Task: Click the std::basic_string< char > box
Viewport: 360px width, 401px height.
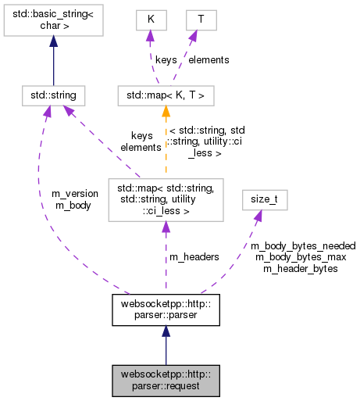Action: pyautogui.click(x=53, y=23)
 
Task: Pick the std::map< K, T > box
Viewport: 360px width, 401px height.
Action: pyautogui.click(x=166, y=95)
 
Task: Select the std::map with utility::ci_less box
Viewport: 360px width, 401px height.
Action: pyautogui.click(x=165, y=199)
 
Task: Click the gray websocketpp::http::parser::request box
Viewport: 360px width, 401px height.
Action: pyautogui.click(x=165, y=380)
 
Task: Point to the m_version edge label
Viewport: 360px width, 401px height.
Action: pyautogui.click(x=75, y=193)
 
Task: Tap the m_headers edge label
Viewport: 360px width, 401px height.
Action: pyautogui.click(x=194, y=257)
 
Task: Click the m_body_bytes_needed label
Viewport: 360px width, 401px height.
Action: pyautogui.click(x=303, y=245)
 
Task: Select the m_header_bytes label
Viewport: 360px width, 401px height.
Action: pyautogui.click(x=301, y=268)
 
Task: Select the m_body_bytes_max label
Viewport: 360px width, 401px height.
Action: pyautogui.click(x=300, y=256)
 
